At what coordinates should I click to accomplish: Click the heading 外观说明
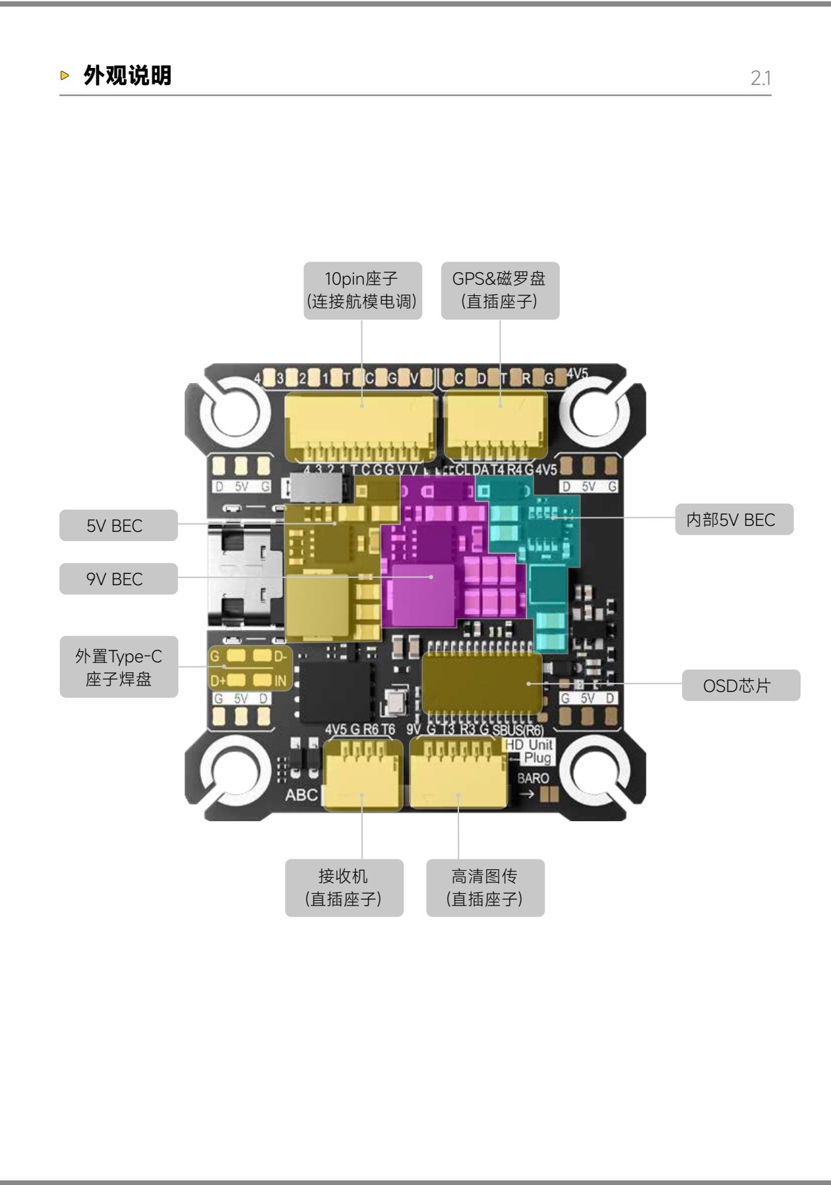[127, 76]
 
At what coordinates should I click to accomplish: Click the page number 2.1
[760, 78]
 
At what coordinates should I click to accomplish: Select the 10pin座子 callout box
[362, 291]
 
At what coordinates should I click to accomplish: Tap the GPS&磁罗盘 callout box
[499, 291]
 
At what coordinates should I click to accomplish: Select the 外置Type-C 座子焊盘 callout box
[119, 667]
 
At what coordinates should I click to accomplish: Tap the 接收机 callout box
[344, 887]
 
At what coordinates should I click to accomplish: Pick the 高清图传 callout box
[485, 887]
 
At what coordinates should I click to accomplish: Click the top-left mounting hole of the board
[231, 413]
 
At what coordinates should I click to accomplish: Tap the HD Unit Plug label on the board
[530, 751]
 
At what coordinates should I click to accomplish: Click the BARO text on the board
[533, 778]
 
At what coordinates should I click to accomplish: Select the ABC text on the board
[301, 795]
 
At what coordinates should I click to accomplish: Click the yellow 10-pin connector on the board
[360, 425]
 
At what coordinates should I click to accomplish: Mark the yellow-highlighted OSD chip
[482, 683]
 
